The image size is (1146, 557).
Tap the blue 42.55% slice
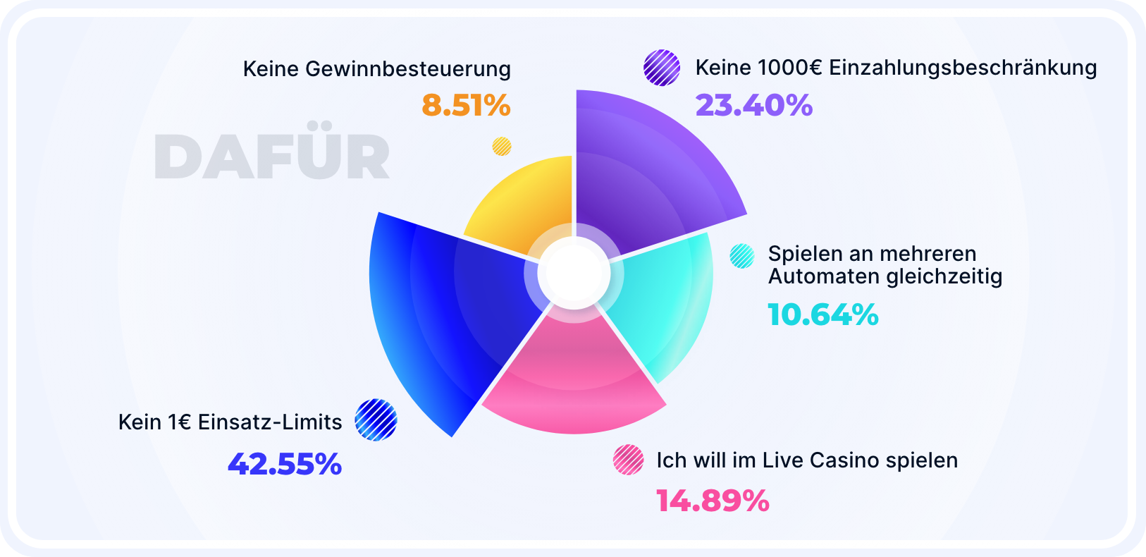pyautogui.click(x=437, y=310)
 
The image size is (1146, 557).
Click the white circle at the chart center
pyautogui.click(x=574, y=274)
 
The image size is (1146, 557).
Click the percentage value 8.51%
pyautogui.click(x=466, y=106)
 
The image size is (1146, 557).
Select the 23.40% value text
pyautogui.click(x=753, y=106)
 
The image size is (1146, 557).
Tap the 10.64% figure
pyautogui.click(x=822, y=314)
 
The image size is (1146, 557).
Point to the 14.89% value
pyautogui.click(x=713, y=501)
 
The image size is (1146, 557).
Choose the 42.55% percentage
pyautogui.click(x=285, y=464)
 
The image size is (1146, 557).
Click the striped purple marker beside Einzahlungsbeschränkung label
pyautogui.click(x=662, y=68)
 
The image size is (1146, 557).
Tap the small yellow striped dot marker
pyautogui.click(x=501, y=146)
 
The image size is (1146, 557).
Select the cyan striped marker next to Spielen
pyautogui.click(x=741, y=255)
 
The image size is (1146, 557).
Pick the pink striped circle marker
pyautogui.click(x=628, y=460)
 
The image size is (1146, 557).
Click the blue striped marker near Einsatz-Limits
pyautogui.click(x=376, y=420)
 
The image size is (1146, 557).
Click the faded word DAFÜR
pyautogui.click(x=272, y=157)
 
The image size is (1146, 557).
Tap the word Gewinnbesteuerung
pyautogui.click(x=408, y=69)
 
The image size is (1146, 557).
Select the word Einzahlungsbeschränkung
pyautogui.click(x=963, y=68)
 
